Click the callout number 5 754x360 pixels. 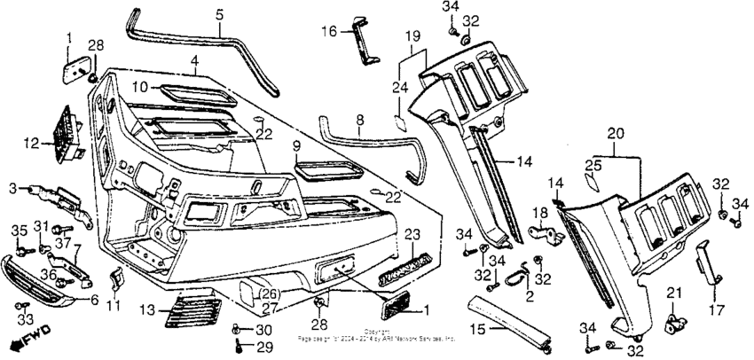coord(219,15)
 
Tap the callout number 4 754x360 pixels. coord(192,61)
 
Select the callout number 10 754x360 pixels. coord(140,87)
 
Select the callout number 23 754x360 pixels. coord(412,234)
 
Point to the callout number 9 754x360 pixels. coord(296,145)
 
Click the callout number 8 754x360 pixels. coord(359,118)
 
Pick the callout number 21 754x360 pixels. coord(672,293)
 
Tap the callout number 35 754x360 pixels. coord(17,231)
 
